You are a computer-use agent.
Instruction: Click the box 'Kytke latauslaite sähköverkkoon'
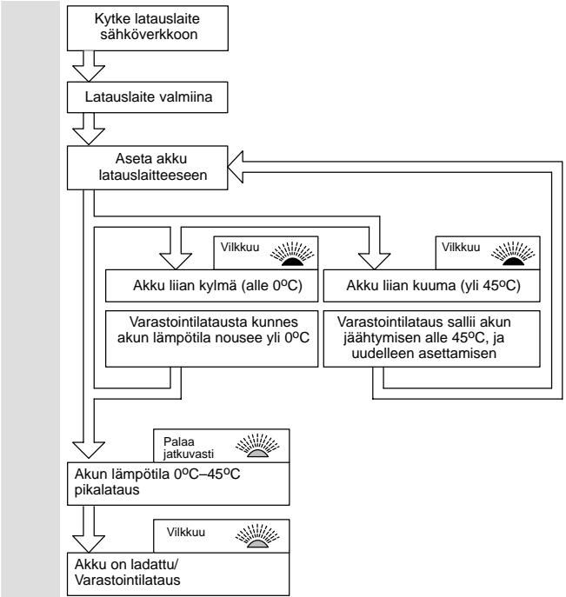pyautogui.click(x=148, y=28)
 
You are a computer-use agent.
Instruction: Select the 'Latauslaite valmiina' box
pyautogui.click(x=148, y=97)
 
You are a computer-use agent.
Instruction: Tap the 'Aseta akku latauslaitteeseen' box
pyautogui.click(x=148, y=168)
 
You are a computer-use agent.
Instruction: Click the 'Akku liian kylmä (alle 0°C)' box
pyautogui.click(x=211, y=286)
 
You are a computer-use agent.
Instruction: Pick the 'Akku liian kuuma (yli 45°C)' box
pyautogui.click(x=431, y=286)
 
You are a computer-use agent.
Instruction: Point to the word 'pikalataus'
pyautogui.click(x=107, y=489)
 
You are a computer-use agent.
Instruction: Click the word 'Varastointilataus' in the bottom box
pyautogui.click(x=127, y=580)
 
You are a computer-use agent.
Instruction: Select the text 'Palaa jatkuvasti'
pyautogui.click(x=189, y=448)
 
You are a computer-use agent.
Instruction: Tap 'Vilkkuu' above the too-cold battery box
pyautogui.click(x=240, y=247)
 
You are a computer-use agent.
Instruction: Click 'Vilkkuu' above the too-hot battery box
pyautogui.click(x=461, y=247)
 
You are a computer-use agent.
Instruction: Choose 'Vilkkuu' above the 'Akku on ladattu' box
pyautogui.click(x=185, y=532)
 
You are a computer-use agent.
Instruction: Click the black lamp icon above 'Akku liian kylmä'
pyautogui.click(x=292, y=254)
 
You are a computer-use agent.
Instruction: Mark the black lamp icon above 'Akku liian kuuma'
pyautogui.click(x=513, y=254)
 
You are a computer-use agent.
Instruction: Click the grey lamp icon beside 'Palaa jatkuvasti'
pyautogui.click(x=257, y=446)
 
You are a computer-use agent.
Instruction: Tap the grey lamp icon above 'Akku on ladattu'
pyautogui.click(x=257, y=536)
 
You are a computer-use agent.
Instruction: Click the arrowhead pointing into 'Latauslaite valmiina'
pyautogui.click(x=89, y=74)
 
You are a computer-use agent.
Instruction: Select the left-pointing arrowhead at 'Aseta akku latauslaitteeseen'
pyautogui.click(x=236, y=167)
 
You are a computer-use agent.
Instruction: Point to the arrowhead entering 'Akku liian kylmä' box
pyautogui.click(x=176, y=262)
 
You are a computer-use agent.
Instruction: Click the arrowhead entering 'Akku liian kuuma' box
pyautogui.click(x=375, y=262)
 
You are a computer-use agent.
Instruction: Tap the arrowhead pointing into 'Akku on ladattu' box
pyautogui.click(x=89, y=544)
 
